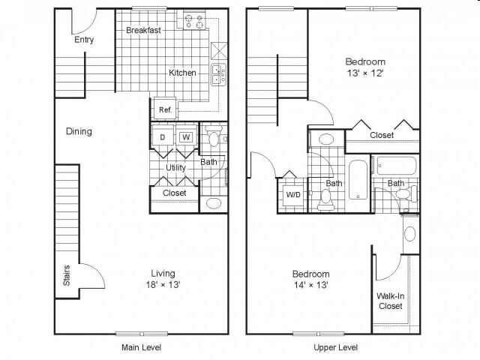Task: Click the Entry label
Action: pos(84,40)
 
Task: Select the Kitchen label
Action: pos(182,73)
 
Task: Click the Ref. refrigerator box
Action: pos(165,109)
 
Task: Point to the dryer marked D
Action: pos(162,137)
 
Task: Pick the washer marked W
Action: pos(186,137)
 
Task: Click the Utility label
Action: pos(175,167)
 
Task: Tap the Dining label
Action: pos(79,132)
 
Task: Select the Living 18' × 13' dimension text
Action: pos(163,284)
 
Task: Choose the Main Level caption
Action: pos(141,347)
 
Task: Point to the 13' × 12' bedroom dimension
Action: pos(365,73)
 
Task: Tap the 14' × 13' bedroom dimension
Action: pos(311,285)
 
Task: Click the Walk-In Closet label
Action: pos(390,301)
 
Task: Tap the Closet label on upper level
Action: pos(382,135)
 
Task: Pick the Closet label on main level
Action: pos(175,193)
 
